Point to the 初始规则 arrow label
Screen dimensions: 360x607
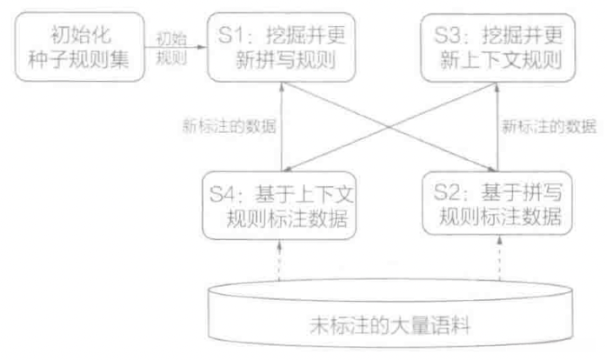click(170, 47)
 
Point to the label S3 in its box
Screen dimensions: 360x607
click(449, 37)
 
